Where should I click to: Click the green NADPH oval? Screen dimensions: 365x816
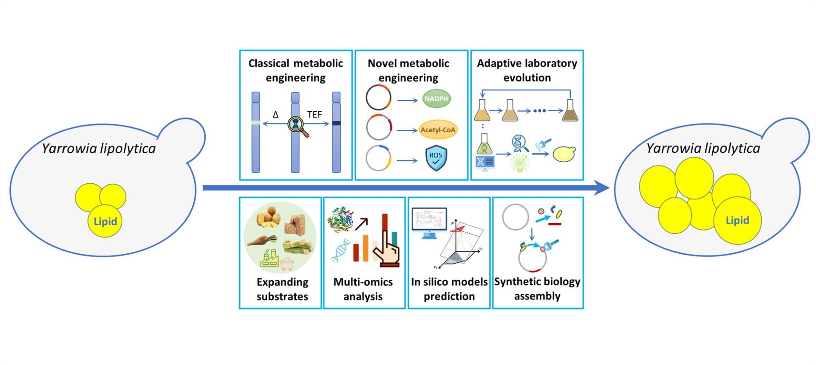[x=436, y=98]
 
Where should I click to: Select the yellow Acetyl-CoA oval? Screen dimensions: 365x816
[x=438, y=130]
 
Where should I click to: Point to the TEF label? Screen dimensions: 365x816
[x=314, y=115]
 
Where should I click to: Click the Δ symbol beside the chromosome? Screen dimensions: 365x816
[x=275, y=115]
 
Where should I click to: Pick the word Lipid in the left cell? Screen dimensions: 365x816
[x=105, y=221]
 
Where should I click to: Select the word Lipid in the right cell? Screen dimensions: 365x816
[x=737, y=220]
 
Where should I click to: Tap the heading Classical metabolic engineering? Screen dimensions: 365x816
[x=296, y=70]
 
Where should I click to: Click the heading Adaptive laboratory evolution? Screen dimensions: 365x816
[x=527, y=70]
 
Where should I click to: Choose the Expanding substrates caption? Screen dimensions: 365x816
[x=282, y=289]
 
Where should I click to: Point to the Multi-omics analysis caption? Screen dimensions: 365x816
[x=363, y=289]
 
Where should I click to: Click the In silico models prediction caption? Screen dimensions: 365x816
[x=449, y=289]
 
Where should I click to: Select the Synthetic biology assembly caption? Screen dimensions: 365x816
[x=537, y=289]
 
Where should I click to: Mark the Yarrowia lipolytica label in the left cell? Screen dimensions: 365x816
[x=99, y=149]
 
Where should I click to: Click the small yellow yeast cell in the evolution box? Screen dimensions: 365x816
[x=564, y=154]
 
